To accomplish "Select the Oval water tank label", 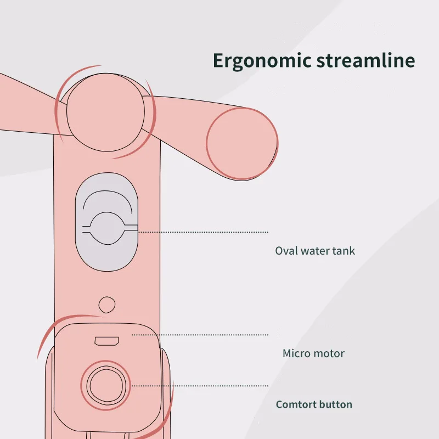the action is (315, 251).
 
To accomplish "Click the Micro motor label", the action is (313, 353).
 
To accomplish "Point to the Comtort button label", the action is (314, 405).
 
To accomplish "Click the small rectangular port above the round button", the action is (106, 341).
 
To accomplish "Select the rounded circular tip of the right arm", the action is (241, 143).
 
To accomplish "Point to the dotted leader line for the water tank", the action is (203, 232).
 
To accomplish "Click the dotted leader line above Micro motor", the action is (200, 334).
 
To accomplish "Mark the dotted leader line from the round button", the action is (200, 386).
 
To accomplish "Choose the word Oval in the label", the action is (284, 251).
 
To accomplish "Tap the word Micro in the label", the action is (296, 353).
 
